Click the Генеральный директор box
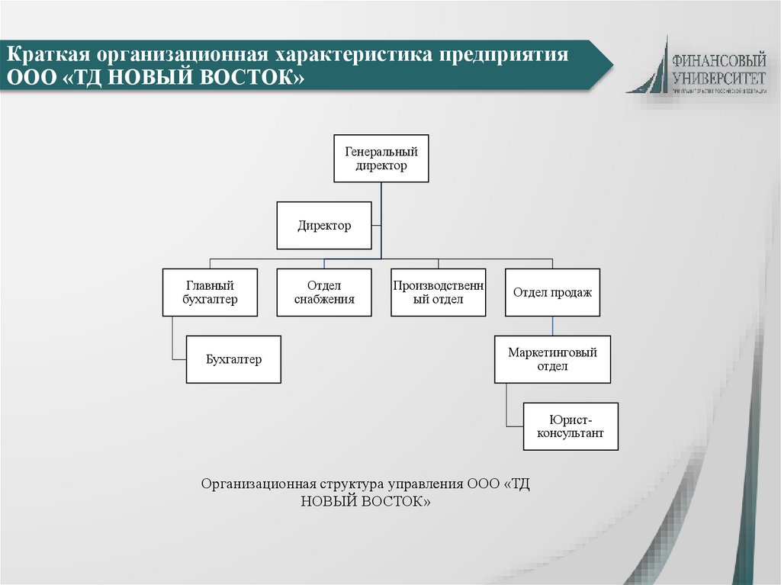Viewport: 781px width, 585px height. [381, 159]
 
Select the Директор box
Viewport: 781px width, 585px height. [324, 226]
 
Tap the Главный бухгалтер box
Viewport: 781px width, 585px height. [210, 292]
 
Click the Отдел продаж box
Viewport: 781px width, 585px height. [552, 292]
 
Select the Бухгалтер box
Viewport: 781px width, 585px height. [233, 359]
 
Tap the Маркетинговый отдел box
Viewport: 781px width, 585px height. [552, 359]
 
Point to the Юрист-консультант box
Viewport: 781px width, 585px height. [570, 426]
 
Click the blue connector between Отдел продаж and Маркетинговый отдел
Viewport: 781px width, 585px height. [552, 326]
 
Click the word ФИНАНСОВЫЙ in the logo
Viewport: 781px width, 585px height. [719, 59]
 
